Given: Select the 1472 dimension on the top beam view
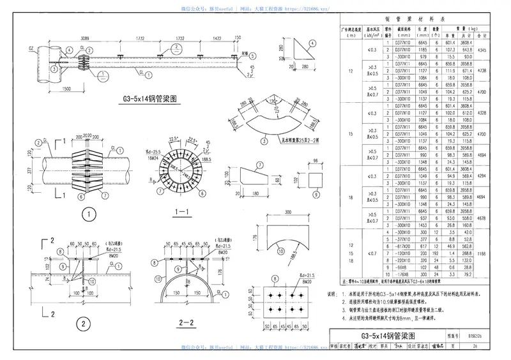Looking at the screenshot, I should pyautogui.click(x=215, y=39).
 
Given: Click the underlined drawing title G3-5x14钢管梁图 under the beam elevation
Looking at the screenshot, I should pyautogui.click(x=149, y=100).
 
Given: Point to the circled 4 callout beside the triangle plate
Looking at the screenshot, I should pyautogui.click(x=312, y=43).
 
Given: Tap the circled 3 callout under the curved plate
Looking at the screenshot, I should pyautogui.click(x=264, y=142).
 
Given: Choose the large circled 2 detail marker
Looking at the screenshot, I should pyautogui.click(x=84, y=324).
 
